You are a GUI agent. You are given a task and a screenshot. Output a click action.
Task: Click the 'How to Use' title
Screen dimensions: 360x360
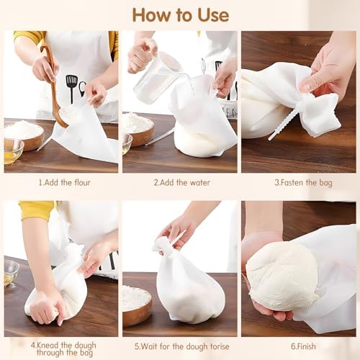(x=181, y=15)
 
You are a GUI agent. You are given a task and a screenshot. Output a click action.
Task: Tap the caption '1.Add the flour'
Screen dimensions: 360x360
(x=65, y=183)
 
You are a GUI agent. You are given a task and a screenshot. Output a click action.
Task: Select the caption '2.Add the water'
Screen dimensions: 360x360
(x=182, y=183)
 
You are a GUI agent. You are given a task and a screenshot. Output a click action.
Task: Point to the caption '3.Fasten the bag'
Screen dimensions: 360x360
(x=303, y=183)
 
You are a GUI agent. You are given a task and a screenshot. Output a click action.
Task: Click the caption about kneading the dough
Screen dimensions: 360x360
(x=63, y=349)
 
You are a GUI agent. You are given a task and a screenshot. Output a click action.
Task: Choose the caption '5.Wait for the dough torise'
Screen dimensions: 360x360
(x=182, y=346)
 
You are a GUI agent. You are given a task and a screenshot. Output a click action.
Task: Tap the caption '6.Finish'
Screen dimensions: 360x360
(x=303, y=346)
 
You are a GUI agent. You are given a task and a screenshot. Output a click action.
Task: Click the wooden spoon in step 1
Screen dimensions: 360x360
(x=54, y=86)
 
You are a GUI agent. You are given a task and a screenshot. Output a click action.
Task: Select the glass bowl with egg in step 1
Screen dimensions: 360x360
(x=14, y=151)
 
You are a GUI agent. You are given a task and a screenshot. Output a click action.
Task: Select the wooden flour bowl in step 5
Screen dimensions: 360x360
(x=137, y=304)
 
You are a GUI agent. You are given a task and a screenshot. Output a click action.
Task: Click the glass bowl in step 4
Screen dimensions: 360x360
(x=11, y=274)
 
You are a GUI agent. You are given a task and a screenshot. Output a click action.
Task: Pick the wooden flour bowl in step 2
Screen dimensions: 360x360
(x=138, y=128)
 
